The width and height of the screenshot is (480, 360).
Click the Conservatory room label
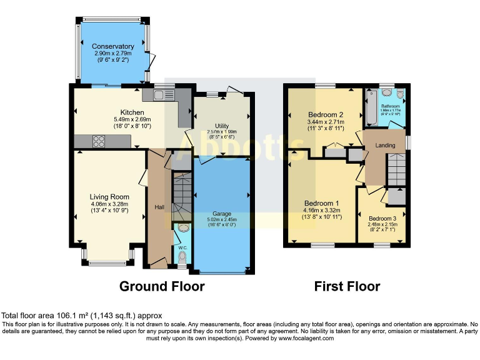(113, 46)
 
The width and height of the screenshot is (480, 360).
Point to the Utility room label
(222, 126)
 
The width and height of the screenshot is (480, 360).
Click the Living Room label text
(109, 197)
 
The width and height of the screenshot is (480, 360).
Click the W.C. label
(182, 247)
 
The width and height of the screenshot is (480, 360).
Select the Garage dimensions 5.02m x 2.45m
(222, 219)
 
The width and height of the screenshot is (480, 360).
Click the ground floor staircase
(182, 196)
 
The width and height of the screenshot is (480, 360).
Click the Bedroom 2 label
(326, 115)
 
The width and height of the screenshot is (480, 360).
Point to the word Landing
(385, 146)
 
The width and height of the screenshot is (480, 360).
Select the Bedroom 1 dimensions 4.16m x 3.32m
(322, 211)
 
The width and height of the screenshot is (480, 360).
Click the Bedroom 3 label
(382, 218)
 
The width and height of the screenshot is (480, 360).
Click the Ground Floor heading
(162, 287)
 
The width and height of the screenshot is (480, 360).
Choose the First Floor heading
(347, 287)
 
